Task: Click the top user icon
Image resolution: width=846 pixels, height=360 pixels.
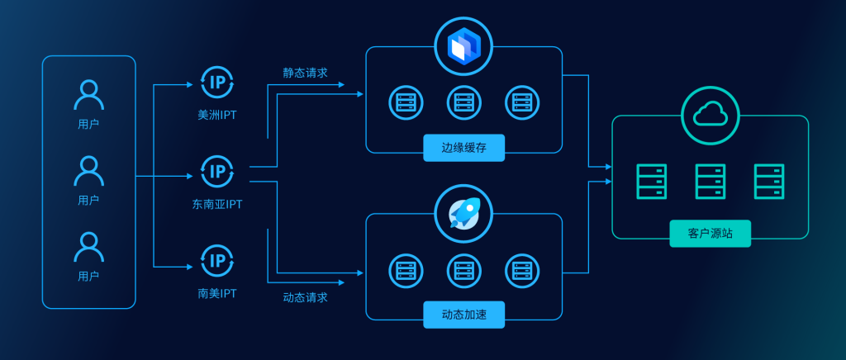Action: point(88,94)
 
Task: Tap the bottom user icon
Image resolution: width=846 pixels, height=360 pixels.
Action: point(88,247)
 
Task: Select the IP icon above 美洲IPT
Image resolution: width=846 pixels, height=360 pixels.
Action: point(217,83)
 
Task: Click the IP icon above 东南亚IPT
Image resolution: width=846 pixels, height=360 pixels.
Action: point(217,172)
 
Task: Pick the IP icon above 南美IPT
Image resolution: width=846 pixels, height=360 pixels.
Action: point(217,261)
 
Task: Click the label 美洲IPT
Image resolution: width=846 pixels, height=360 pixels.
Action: point(217,115)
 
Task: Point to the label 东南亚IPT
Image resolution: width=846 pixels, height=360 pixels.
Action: point(217,204)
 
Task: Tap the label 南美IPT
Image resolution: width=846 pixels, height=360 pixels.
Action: point(217,293)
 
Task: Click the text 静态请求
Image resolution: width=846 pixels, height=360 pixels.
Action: point(305,73)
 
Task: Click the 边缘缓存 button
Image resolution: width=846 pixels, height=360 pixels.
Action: point(463,148)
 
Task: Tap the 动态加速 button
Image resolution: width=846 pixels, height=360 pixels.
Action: point(463,315)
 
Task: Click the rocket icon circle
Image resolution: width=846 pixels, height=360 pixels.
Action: point(463,214)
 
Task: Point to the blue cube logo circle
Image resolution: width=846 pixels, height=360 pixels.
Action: point(463,46)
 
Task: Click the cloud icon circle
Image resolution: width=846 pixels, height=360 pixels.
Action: point(711,116)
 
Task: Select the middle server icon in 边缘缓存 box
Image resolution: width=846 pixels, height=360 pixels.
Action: point(463,102)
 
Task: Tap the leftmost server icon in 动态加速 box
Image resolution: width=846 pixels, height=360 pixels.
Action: point(405,270)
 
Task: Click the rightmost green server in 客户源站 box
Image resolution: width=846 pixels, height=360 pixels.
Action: point(769,182)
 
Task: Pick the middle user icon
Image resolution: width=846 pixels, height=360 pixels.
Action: point(88,171)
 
